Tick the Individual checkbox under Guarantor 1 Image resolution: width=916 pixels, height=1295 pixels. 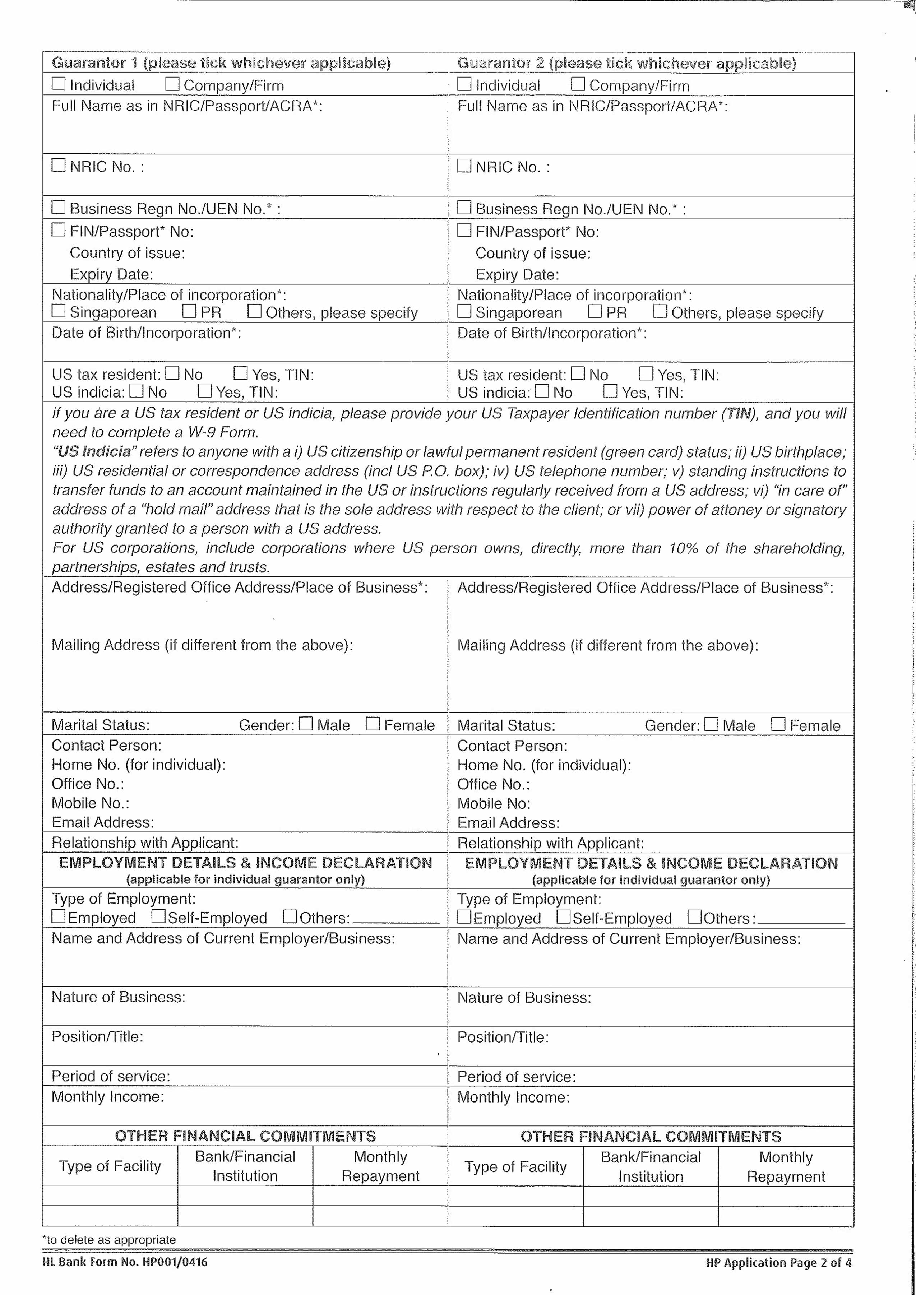[x=58, y=84]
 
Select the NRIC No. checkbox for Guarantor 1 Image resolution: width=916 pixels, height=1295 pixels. [x=58, y=165]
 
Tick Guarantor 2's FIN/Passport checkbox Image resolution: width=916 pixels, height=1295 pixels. [x=464, y=230]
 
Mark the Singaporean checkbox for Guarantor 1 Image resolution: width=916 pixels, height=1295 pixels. [x=58, y=311]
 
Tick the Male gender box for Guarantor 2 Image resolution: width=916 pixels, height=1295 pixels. [x=712, y=724]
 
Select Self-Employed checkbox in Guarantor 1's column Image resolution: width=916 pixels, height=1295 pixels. [x=158, y=916]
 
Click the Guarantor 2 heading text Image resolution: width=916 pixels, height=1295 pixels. [x=626, y=63]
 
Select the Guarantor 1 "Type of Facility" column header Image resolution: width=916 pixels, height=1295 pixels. [x=110, y=1166]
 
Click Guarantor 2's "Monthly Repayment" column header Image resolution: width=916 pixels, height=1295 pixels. [x=786, y=1166]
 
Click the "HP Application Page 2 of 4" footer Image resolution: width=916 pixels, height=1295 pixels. [x=778, y=1262]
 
